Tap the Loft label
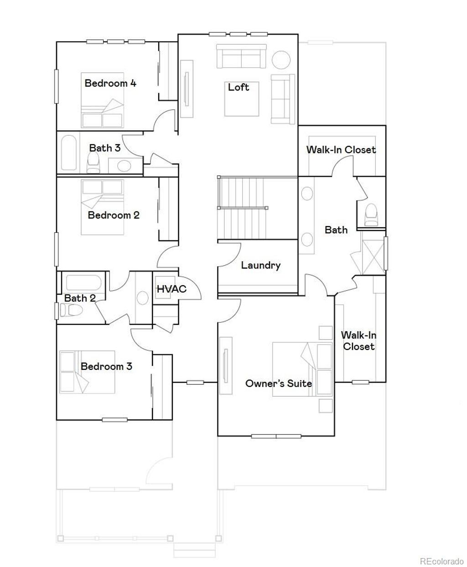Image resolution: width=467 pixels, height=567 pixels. click(x=239, y=87)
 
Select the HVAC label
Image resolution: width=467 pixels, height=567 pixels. click(x=171, y=289)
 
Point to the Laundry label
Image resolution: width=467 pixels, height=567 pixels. click(x=260, y=265)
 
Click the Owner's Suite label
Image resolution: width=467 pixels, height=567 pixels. click(x=279, y=383)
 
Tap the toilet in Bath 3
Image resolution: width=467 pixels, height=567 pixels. click(x=93, y=162)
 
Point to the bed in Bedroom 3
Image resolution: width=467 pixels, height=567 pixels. click(x=87, y=371)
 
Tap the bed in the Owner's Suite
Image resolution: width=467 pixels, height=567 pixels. click(x=302, y=369)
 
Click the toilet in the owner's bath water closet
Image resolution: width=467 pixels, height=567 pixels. click(x=372, y=214)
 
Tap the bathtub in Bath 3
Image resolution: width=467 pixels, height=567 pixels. click(x=69, y=152)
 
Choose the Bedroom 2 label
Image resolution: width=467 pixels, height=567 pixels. click(x=114, y=215)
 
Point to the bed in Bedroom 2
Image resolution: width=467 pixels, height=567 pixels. click(x=102, y=207)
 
